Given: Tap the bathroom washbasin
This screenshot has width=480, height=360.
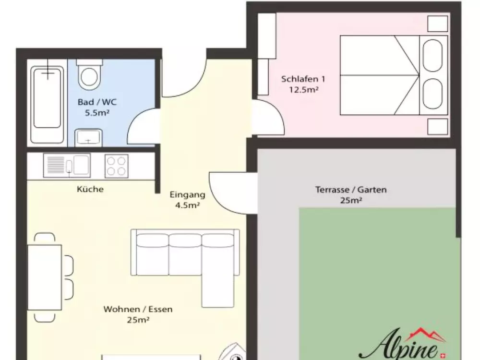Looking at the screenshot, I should pos(88,137).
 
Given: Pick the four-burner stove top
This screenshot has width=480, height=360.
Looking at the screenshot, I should pos(116,166).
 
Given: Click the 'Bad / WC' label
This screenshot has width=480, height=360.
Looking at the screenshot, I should pos(97,102).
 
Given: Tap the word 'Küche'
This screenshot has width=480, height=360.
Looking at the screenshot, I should pos(90,189).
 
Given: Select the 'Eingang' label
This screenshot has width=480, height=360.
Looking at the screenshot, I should pos(188,195).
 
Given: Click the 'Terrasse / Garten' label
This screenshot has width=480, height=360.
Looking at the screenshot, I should pos(351,190).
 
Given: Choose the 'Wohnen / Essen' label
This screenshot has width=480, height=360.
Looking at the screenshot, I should pos(138,310).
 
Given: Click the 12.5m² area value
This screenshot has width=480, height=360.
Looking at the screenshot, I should pos(304,90).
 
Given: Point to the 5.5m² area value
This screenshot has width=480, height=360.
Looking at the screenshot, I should pos(96,114).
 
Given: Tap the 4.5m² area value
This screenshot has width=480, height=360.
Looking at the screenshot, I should pos(188,205).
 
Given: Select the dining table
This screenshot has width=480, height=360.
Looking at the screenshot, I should pos(45,277).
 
